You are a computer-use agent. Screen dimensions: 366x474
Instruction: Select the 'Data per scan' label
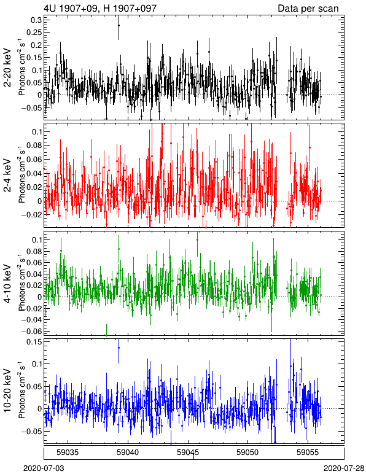click(308, 8)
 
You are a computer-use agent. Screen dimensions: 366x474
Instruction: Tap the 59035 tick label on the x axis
click(68, 453)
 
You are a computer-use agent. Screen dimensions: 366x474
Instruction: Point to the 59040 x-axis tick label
click(128, 453)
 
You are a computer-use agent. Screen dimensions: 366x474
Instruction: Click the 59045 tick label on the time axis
click(188, 453)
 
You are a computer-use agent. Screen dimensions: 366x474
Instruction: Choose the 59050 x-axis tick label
click(248, 453)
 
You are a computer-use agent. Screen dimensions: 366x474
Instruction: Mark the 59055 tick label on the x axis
click(308, 453)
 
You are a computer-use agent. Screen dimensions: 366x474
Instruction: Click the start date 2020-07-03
click(44, 468)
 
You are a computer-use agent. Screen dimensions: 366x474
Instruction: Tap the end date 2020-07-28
click(344, 468)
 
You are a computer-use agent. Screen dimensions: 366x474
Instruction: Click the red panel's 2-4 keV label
click(7, 176)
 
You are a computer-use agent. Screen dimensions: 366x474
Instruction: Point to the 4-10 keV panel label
click(7, 284)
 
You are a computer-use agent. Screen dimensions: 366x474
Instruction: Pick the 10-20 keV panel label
click(7, 390)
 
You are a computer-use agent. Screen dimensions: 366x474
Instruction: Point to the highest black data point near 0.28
click(119, 25)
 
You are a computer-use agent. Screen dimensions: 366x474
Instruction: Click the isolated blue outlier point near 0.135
click(119, 348)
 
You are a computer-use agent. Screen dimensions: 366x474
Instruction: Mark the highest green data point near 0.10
click(197, 239)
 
